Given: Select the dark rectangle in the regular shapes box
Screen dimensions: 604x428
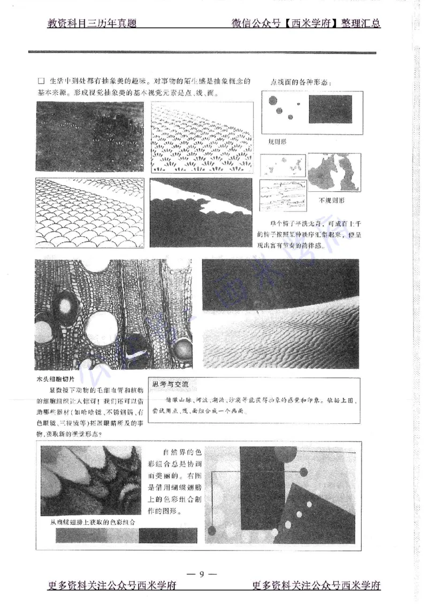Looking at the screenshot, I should pyautogui.click(x=330, y=109).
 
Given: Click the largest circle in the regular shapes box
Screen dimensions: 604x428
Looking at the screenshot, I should pyautogui.click(x=272, y=100).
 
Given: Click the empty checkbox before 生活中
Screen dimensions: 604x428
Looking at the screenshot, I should pyautogui.click(x=41, y=82).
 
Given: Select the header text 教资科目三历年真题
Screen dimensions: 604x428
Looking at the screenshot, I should pyautogui.click(x=92, y=24).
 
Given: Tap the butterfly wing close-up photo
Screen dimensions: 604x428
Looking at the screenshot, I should pyautogui.click(x=91, y=481).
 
